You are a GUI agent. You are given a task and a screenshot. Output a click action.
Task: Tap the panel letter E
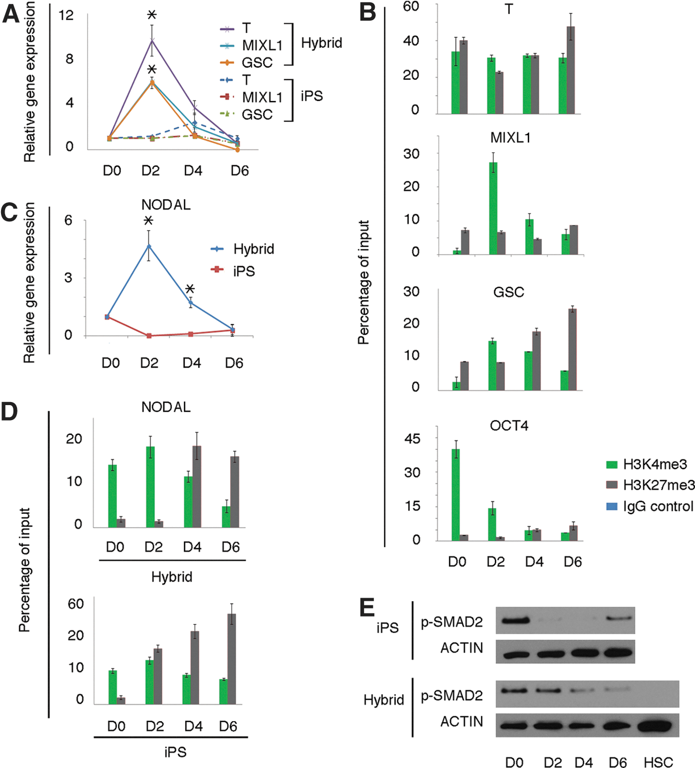pos(368,607)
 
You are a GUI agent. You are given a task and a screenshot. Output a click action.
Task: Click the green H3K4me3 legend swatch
pos(612,465)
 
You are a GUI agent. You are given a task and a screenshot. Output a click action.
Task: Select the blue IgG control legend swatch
pos(612,507)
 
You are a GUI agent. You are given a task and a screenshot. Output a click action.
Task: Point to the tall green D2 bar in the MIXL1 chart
pos(493,208)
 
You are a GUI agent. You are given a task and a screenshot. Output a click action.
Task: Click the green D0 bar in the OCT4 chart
pos(456,495)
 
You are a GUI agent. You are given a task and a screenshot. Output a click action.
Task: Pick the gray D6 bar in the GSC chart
pos(572,350)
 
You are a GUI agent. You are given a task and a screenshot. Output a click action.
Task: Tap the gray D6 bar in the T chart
pos(570,70)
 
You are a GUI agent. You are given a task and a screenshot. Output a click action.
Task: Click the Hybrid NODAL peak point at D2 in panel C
pos(149,246)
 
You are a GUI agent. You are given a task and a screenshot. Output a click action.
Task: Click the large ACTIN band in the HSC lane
pos(657,725)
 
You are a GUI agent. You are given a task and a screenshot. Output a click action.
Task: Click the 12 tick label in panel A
pos(66,15)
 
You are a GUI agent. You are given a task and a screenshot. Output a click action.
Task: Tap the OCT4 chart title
pos(509,426)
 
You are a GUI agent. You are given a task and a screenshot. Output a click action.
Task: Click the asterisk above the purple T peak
pos(152,14)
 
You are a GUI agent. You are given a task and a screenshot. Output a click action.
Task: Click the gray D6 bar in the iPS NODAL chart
pos(232,659)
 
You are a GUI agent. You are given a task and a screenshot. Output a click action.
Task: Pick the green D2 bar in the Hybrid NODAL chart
pos(150,487)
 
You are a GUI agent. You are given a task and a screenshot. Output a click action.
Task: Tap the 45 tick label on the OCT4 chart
pos(412,439)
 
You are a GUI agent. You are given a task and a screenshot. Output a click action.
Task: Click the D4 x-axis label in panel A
pos(193,170)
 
